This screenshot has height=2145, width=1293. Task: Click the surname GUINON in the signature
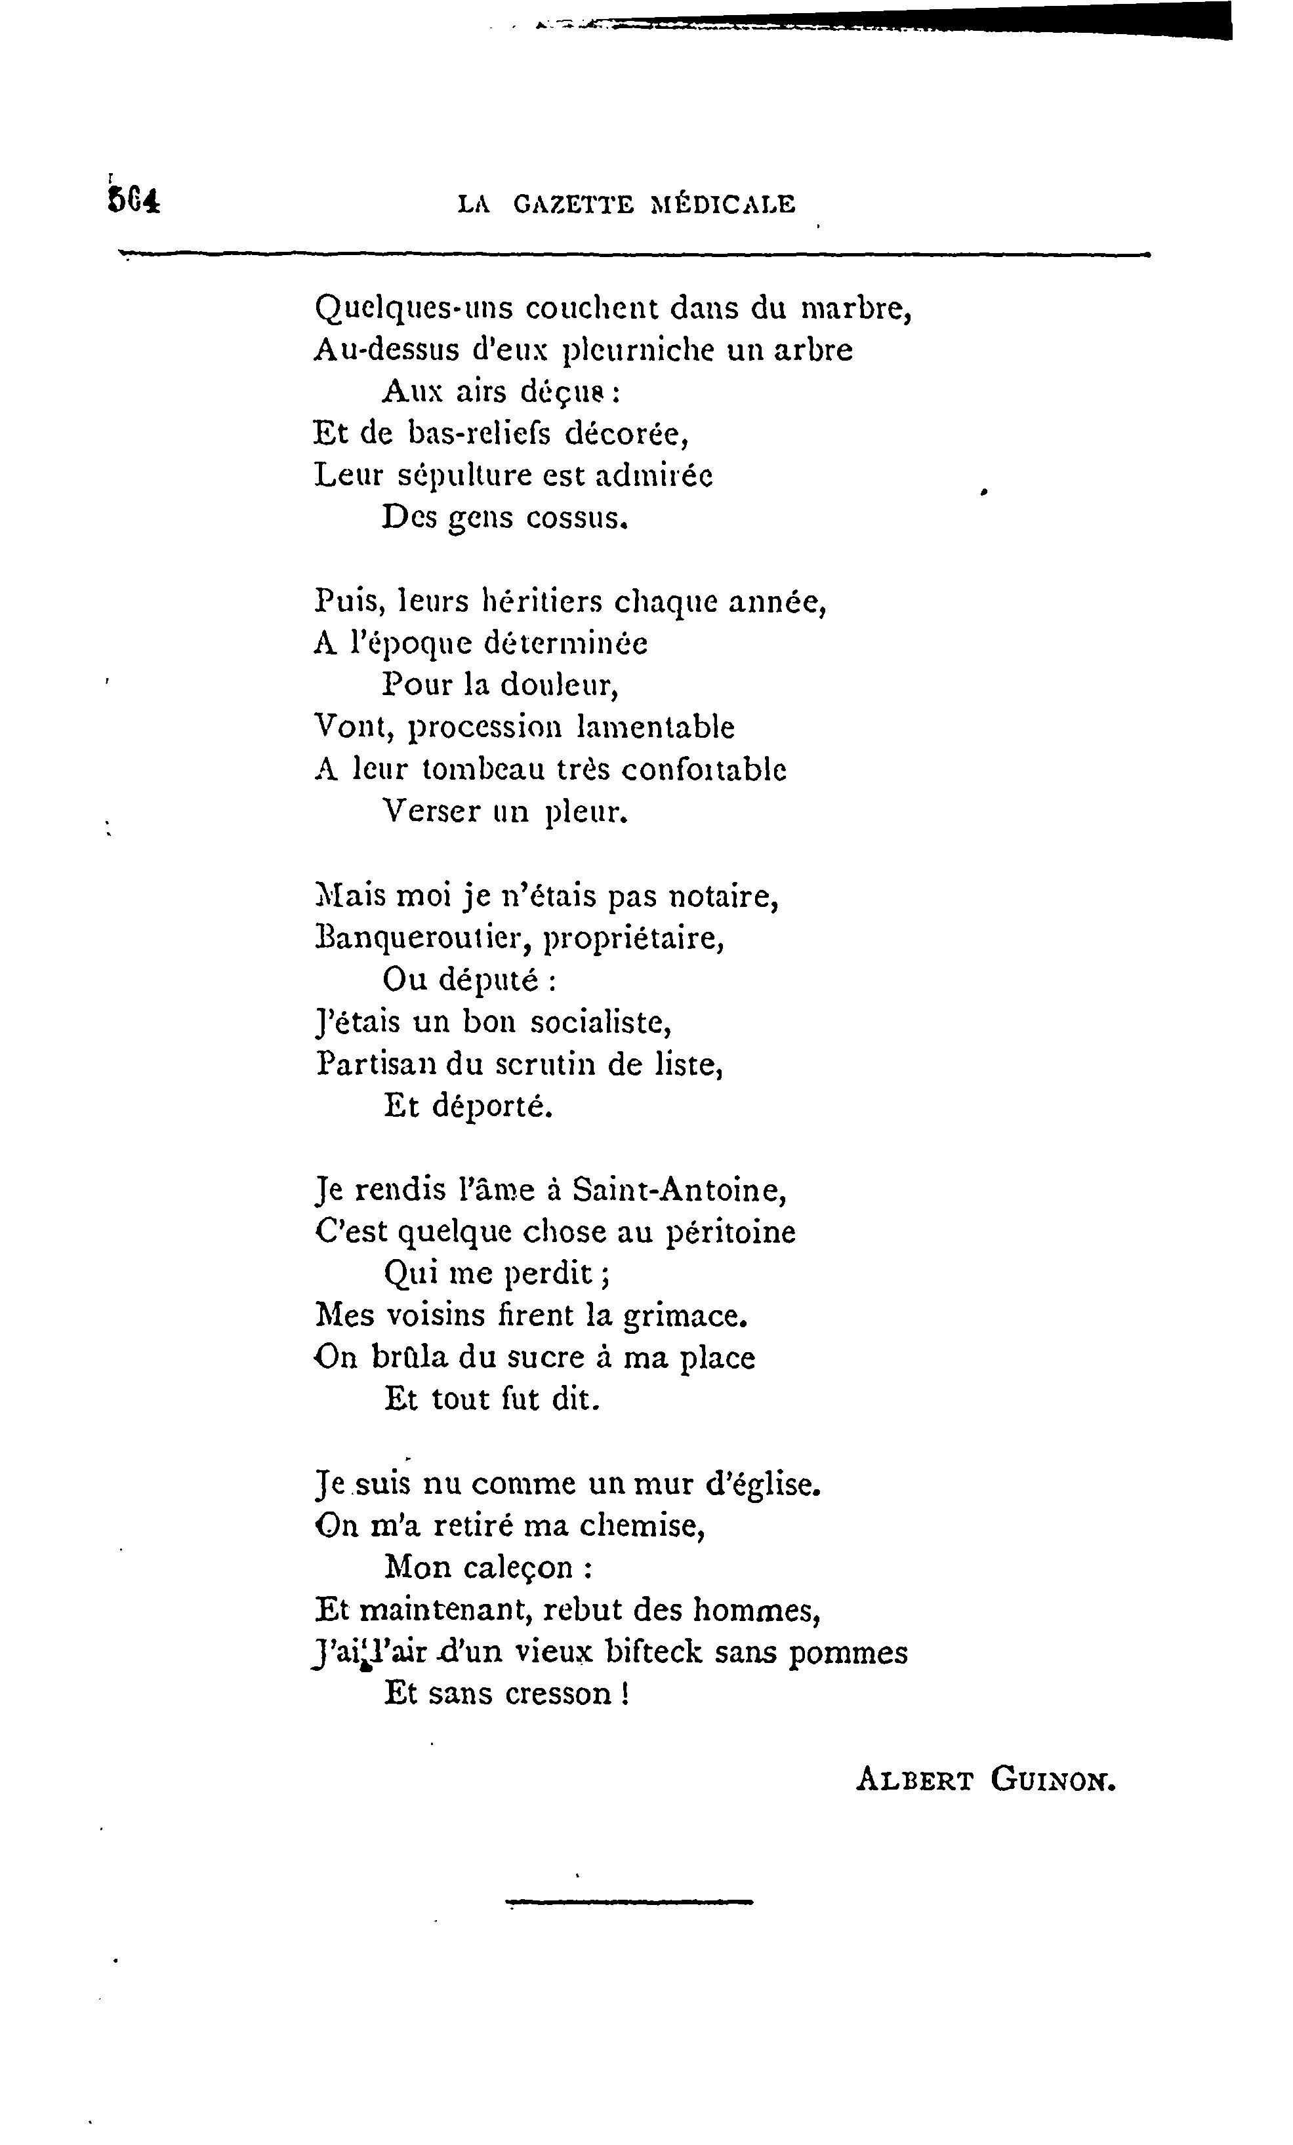coord(1052,1779)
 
